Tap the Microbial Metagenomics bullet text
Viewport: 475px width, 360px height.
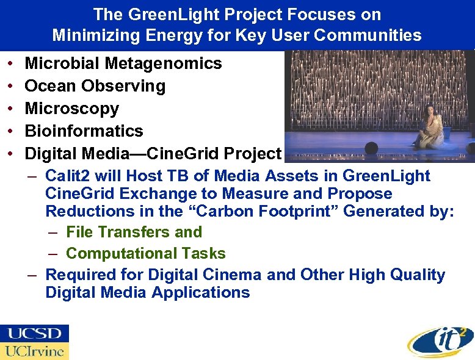pos(123,63)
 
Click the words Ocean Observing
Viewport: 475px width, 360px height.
pos(95,86)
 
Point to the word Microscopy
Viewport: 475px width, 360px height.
pos(71,109)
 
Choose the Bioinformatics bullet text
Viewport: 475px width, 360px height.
pos(84,131)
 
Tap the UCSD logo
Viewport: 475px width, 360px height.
pos(35,334)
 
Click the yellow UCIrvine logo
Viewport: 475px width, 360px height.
pos(35,351)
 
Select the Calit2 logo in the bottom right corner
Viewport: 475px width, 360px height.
pos(440,339)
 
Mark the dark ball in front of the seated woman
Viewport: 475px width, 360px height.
pos(371,149)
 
